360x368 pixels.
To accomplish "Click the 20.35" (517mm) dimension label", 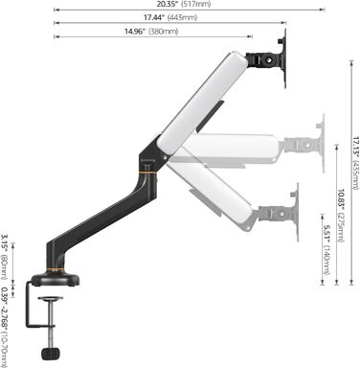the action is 184,4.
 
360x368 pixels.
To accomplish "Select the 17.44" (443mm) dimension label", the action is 170,17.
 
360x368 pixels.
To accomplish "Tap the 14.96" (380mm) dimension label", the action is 151,32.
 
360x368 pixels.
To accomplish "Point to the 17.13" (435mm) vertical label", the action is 355,163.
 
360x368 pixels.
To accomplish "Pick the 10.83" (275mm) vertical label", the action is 341,216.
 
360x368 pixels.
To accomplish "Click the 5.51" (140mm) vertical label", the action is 326,250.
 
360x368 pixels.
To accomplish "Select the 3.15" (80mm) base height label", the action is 4,257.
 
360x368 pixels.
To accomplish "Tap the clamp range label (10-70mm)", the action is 4,327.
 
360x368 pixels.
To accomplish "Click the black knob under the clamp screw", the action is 51,354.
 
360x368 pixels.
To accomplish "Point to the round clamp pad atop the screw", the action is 51,299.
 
